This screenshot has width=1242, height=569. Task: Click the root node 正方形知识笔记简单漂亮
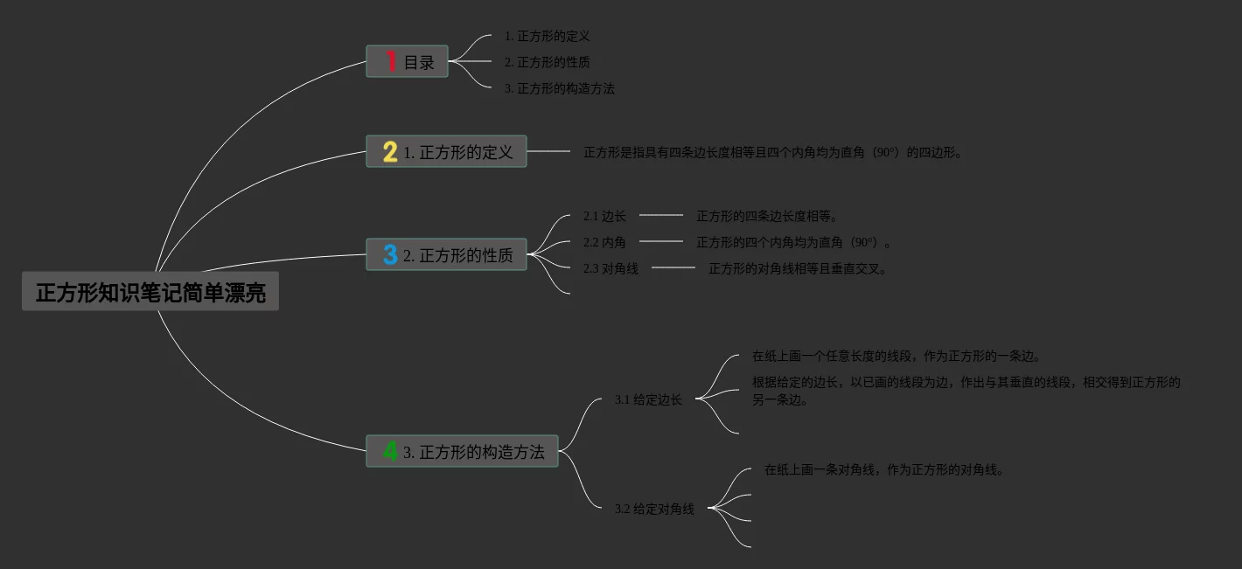click(x=150, y=292)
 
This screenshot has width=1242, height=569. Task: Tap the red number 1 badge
click(x=391, y=61)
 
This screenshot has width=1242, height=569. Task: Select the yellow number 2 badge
click(x=390, y=152)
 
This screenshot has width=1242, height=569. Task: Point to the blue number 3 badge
click(x=390, y=255)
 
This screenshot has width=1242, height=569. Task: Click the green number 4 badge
click(x=390, y=451)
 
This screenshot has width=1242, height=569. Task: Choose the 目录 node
click(x=419, y=62)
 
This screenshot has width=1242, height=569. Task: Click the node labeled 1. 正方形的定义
click(x=457, y=152)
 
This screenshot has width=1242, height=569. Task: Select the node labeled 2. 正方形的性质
click(x=457, y=255)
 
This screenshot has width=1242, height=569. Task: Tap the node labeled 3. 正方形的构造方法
click(x=473, y=452)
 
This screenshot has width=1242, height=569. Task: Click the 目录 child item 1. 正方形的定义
click(x=547, y=36)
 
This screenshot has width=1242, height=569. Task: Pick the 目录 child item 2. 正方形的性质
click(x=547, y=62)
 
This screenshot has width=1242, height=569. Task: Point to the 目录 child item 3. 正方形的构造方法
click(x=559, y=88)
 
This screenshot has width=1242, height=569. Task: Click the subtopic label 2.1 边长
click(x=604, y=216)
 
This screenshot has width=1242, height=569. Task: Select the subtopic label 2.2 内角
click(x=604, y=242)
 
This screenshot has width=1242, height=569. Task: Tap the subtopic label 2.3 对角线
click(x=611, y=268)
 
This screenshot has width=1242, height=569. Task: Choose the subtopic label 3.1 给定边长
click(x=648, y=399)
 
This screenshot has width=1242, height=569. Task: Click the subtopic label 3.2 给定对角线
click(x=654, y=508)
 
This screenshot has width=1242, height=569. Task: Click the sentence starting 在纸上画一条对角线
click(x=884, y=469)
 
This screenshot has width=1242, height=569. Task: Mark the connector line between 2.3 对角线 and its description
click(x=673, y=267)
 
